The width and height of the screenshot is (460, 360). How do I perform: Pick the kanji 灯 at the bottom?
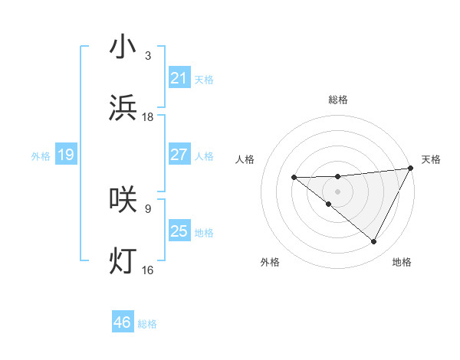123,260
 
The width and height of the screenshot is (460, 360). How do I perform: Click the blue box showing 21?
179,78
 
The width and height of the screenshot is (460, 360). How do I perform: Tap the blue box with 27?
179,155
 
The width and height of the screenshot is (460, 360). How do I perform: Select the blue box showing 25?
179,231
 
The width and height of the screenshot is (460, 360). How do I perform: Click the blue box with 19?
65,155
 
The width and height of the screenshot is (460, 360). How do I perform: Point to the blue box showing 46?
122,323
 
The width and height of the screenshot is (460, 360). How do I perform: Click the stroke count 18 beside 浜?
148,117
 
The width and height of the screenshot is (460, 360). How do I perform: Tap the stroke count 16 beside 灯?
148,270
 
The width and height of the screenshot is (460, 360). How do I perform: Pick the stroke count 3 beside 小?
148,55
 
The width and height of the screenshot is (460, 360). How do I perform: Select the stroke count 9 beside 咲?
148,208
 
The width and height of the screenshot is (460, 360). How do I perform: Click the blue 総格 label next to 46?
147,324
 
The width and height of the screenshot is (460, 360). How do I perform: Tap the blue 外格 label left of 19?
41,155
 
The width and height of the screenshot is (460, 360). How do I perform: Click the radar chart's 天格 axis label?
431,159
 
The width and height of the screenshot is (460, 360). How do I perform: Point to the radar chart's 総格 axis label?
337,100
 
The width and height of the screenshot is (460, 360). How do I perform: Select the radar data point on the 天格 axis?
411,169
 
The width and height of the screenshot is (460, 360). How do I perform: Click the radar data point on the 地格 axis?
374,242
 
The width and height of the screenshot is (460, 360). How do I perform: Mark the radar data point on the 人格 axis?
294,178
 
